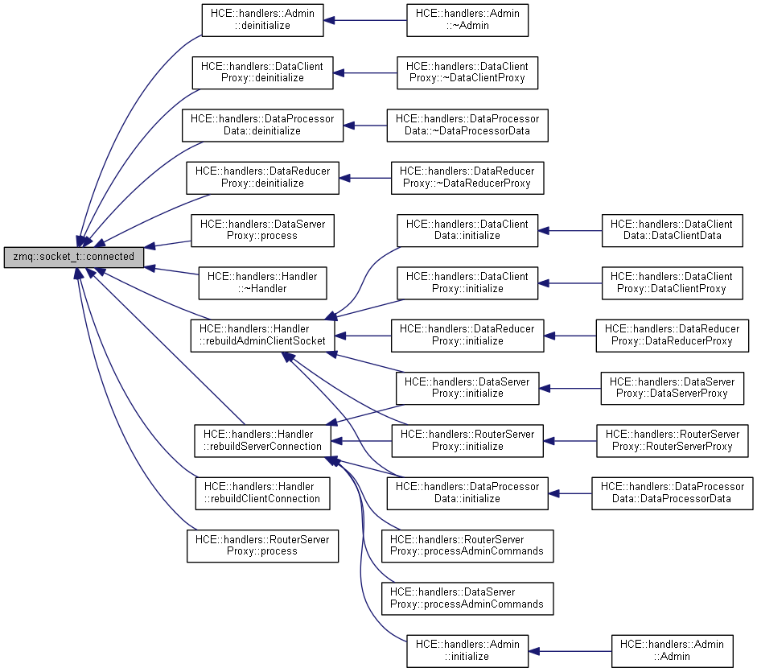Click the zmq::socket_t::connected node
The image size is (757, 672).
(x=74, y=258)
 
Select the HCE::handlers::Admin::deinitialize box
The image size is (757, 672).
(x=262, y=19)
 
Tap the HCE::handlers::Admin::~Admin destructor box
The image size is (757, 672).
(x=467, y=19)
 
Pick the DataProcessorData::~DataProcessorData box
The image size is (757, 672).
(x=467, y=124)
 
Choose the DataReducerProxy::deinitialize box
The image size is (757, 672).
(x=263, y=177)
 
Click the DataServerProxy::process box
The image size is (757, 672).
(x=262, y=229)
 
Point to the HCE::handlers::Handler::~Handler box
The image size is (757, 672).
(x=262, y=282)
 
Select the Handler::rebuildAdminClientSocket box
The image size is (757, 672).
(x=262, y=334)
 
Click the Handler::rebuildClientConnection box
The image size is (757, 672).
(x=262, y=492)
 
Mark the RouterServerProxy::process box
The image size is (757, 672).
(x=262, y=545)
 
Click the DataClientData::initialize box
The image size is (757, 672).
(x=467, y=229)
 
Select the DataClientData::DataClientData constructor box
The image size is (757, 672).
(x=671, y=229)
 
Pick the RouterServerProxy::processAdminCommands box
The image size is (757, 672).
(x=467, y=545)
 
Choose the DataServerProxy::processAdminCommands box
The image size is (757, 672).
(x=467, y=597)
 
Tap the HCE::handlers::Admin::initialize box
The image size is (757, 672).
(x=467, y=649)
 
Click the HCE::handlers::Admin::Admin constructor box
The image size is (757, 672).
(x=672, y=649)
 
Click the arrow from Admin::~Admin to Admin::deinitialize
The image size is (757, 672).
(x=365, y=19)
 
